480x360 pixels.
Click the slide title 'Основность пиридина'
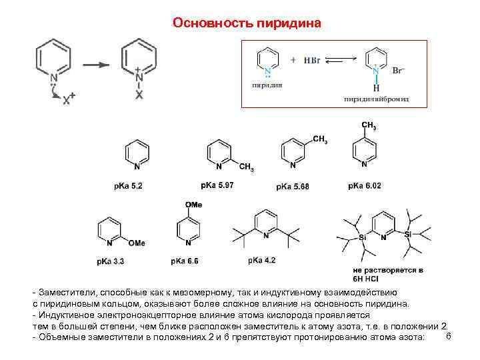pyautogui.click(x=247, y=23)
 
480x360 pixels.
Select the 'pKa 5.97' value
pyautogui.click(x=217, y=185)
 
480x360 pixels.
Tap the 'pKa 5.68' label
pyautogui.click(x=293, y=186)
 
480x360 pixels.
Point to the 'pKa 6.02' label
pyautogui.click(x=365, y=185)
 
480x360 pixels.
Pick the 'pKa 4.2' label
pyautogui.click(x=261, y=260)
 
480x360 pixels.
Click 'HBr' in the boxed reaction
pyautogui.click(x=312, y=61)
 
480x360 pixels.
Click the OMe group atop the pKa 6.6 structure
pyautogui.click(x=194, y=205)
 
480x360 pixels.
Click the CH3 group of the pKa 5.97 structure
pyautogui.click(x=247, y=167)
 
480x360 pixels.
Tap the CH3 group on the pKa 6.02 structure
pyautogui.click(x=368, y=126)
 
